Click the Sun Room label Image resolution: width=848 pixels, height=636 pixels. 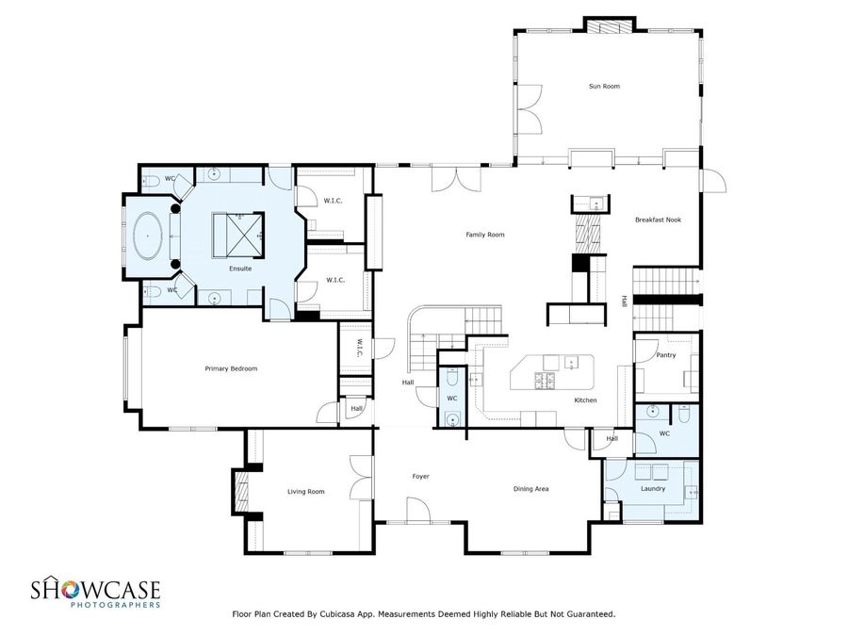[x=604, y=87]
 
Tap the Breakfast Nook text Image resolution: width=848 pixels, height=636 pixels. [x=658, y=220]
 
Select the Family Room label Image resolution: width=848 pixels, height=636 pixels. [x=485, y=234]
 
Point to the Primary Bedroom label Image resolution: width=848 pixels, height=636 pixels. [x=231, y=368]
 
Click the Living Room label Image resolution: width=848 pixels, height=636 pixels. [x=305, y=491]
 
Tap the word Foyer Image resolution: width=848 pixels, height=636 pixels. [x=420, y=476]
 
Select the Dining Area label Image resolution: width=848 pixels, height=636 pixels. [x=530, y=488]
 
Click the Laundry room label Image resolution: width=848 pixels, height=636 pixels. [x=652, y=488]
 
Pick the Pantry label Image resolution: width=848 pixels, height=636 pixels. [x=666, y=355]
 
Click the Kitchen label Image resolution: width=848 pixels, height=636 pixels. [x=585, y=400]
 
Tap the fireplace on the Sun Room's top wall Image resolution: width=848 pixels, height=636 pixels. [x=611, y=25]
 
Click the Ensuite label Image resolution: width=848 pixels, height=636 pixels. [x=240, y=269]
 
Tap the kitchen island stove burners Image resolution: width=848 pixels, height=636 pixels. [x=546, y=381]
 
